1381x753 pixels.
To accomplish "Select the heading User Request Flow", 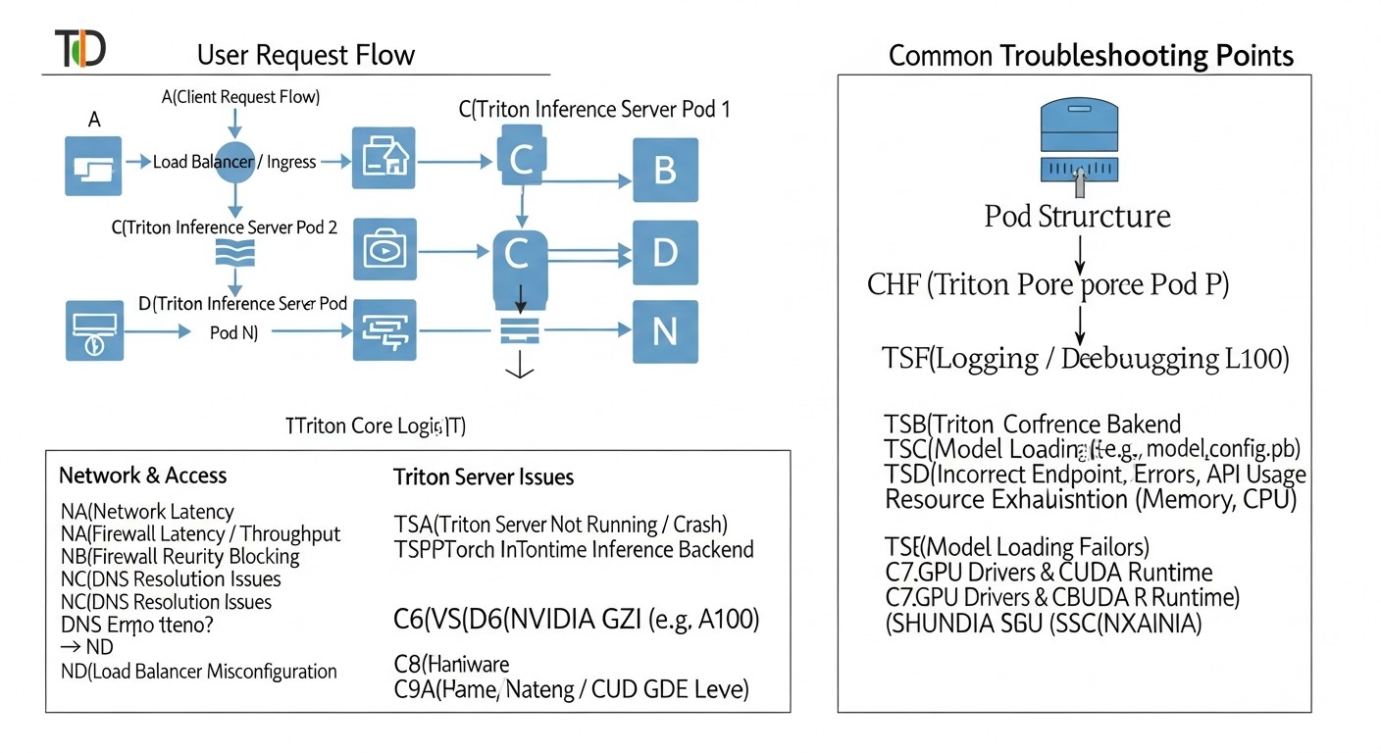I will (306, 55).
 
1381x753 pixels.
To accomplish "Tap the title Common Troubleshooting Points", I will (1091, 55).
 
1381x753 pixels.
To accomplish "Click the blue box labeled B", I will (665, 170).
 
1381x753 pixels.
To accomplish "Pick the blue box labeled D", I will (665, 252).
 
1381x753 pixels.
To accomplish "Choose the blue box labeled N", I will (665, 331).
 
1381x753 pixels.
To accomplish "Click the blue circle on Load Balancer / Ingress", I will (234, 162).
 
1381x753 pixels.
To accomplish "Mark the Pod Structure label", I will (1077, 216).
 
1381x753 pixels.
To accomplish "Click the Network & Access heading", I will (143, 476).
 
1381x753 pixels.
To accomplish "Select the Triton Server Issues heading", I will (484, 477).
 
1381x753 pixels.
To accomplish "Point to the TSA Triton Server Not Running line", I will (561, 525).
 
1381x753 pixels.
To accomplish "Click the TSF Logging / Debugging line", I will (1085, 359).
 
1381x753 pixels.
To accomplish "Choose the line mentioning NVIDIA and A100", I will (577, 619).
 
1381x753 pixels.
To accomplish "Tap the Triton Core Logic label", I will (375, 426).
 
